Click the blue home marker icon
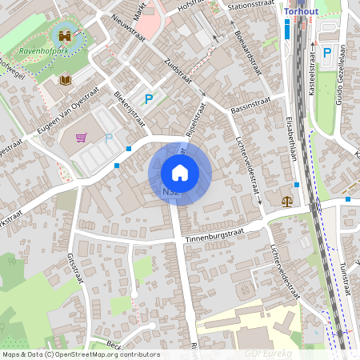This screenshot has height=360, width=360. (x=180, y=173)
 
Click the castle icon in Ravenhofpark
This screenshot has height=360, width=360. (x=63, y=37)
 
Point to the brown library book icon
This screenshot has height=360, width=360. (x=66, y=81)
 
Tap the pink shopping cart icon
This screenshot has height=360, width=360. (x=81, y=137)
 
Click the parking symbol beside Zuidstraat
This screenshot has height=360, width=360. (x=148, y=99)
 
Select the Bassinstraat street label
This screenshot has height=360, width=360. (x=250, y=103)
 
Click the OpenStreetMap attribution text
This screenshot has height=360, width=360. (x=80, y=354)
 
